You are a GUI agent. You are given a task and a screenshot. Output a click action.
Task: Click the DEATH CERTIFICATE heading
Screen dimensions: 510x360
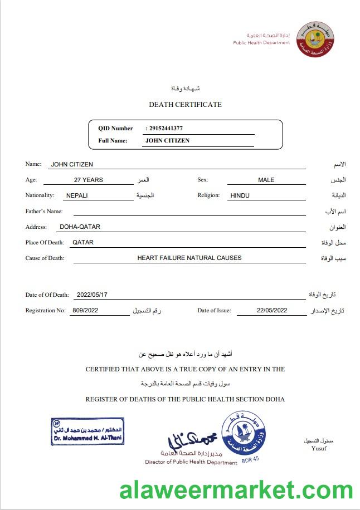185,104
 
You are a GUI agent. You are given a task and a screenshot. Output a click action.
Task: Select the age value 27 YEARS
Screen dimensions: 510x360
89,180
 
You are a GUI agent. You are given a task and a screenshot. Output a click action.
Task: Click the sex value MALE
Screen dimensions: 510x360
266,180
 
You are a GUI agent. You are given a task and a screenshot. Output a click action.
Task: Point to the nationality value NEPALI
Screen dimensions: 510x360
77,195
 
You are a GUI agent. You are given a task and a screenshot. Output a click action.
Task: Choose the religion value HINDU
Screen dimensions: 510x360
240,195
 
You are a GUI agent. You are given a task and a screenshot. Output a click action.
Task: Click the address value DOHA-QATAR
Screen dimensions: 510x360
80,227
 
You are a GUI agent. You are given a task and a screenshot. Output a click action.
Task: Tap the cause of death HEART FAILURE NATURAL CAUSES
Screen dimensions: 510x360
189,258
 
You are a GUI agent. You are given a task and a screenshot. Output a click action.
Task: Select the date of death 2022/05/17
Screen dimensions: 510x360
92,295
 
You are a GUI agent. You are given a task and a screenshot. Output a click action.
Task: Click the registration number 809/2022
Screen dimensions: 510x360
84,310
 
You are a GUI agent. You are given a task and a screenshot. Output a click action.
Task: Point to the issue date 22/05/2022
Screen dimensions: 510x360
272,310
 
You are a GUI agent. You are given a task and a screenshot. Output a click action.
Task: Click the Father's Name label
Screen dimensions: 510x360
44,211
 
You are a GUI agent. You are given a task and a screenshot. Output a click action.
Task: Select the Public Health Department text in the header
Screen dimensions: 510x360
261,42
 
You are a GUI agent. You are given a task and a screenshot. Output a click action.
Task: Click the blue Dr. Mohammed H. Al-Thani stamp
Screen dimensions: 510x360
87,431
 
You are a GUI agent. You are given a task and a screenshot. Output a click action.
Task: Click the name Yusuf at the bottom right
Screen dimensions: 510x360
319,448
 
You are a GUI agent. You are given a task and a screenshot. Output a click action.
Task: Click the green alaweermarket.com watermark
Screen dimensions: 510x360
236,491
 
